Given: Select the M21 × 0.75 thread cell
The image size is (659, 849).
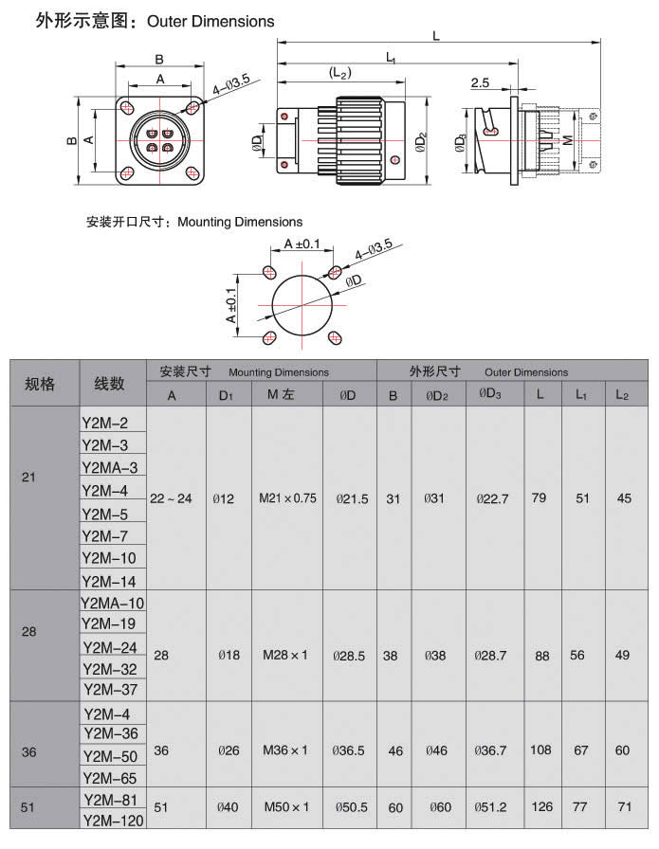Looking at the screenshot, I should click(x=287, y=498).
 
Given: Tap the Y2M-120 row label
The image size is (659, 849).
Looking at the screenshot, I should click(x=112, y=821).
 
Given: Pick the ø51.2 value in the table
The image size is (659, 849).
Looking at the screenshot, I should click(x=494, y=807).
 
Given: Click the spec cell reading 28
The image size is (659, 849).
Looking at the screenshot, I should click(x=29, y=630).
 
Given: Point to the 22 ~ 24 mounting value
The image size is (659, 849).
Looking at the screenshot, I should click(x=172, y=498).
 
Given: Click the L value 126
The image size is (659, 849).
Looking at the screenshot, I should click(x=541, y=807).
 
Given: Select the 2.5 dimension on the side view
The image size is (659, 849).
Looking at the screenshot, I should click(x=480, y=83).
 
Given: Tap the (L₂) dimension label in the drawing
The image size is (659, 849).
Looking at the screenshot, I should click(x=340, y=72).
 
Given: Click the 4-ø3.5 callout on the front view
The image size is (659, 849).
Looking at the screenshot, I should click(x=231, y=87).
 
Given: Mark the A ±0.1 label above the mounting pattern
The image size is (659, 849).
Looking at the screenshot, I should click(x=302, y=244).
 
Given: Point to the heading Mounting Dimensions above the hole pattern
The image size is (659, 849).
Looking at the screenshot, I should click(x=240, y=222).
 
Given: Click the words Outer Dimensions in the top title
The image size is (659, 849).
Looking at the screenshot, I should click(x=211, y=20).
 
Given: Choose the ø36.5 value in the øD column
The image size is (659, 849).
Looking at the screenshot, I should click(x=349, y=750).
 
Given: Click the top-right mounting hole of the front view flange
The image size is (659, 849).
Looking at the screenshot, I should click(x=193, y=107).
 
